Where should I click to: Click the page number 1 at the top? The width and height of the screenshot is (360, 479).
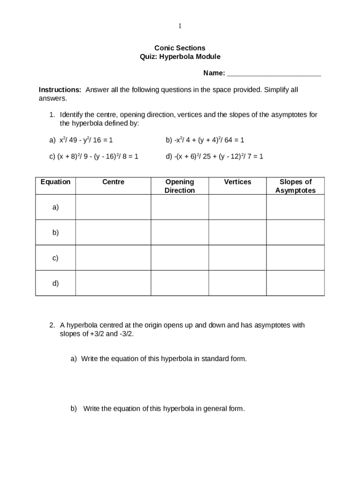pos(180,26)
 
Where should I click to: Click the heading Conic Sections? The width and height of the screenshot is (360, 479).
pos(180,48)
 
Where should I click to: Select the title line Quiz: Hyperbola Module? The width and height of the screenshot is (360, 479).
pos(180,57)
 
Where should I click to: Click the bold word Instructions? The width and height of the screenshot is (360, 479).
pos(60,90)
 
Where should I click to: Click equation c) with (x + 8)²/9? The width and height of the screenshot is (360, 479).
pos(94,157)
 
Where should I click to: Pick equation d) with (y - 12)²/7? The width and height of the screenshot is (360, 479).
pos(215,157)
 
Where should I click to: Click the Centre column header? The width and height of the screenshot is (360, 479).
pos(113,182)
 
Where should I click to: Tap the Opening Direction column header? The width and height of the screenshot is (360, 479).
pos(180,186)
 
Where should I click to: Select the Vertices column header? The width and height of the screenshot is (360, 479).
pos(238,182)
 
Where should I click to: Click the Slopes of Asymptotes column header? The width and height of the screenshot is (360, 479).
pos(295,186)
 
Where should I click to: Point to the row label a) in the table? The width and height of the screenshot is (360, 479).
pos(56,207)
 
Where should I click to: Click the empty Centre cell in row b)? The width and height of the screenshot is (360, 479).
pos(113,232)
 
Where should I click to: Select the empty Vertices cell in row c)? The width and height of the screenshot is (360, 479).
pos(238,258)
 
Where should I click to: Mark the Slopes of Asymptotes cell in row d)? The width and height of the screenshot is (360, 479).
pos(295,283)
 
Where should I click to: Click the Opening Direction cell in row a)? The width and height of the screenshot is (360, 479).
pos(180,207)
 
